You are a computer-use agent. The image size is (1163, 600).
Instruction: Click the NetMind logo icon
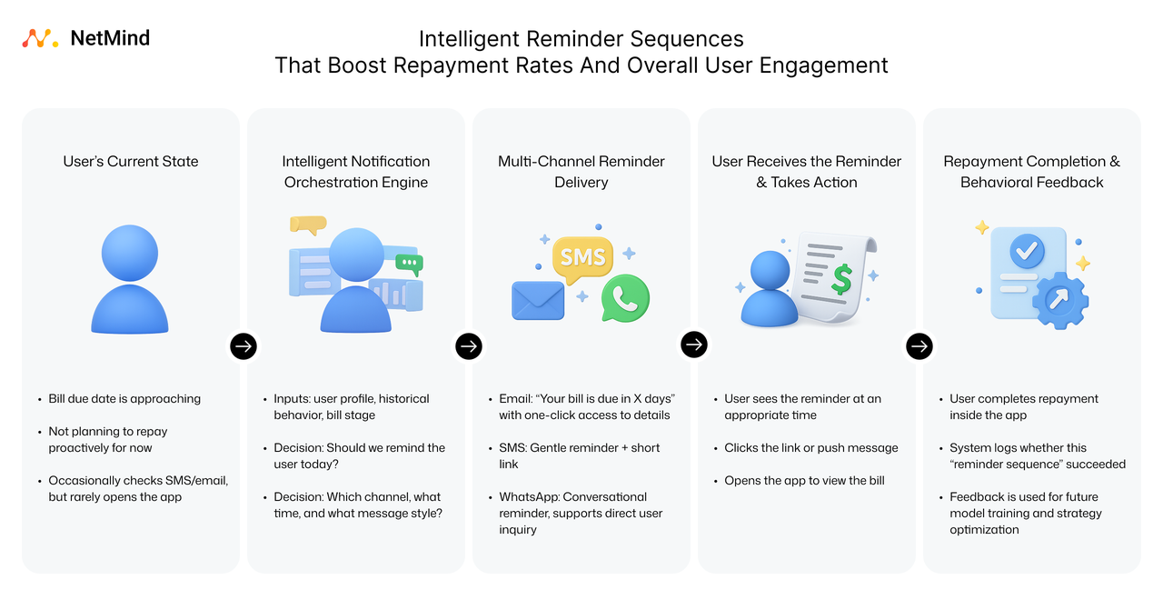point(41,38)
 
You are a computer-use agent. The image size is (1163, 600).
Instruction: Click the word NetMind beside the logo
point(110,38)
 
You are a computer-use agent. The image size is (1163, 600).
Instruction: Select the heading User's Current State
point(131,162)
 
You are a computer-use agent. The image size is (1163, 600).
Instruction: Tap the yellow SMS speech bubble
point(582,257)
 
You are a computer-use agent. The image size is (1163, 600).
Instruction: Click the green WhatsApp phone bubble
point(625,296)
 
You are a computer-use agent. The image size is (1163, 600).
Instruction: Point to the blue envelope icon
point(538,301)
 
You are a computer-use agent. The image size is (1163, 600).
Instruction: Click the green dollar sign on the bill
point(841,278)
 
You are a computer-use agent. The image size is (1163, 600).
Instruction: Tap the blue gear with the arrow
point(1058,298)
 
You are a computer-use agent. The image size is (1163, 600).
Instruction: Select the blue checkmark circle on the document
point(1028,249)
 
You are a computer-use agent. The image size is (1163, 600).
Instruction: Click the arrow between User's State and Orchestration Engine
point(244,345)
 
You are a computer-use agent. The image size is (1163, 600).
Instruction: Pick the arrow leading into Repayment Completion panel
point(919,345)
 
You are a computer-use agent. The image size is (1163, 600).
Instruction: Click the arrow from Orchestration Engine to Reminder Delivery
point(469,345)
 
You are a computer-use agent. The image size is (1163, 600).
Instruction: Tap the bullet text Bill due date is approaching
point(124,399)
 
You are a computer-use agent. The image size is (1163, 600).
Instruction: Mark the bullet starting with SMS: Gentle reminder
point(579,455)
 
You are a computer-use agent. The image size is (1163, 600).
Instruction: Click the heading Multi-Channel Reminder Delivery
point(581,172)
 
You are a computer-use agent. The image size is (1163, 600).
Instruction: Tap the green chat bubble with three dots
point(410,263)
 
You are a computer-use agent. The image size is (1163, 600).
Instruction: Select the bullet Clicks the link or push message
point(810,448)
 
